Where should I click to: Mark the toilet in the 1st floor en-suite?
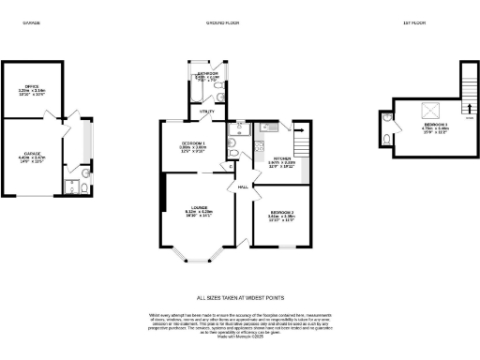[388, 140]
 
